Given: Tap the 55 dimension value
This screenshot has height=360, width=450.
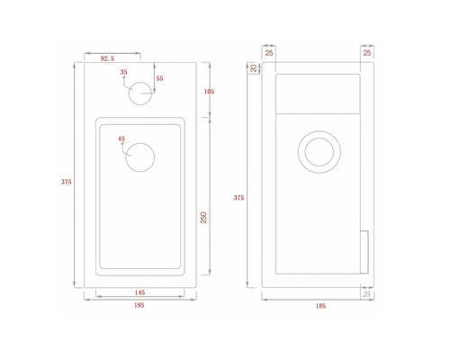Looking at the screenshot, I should (x=159, y=79).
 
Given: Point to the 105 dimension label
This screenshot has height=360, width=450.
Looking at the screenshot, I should (x=209, y=90).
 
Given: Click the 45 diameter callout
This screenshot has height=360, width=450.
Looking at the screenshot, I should (x=121, y=139).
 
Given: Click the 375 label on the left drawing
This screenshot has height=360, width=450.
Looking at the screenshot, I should (x=66, y=181).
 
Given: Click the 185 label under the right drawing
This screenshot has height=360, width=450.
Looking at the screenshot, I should (x=321, y=306).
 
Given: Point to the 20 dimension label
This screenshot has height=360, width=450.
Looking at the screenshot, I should (x=254, y=69).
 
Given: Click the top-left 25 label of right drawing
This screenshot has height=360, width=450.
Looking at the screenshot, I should (x=270, y=53).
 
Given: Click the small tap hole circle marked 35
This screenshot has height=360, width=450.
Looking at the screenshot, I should (x=141, y=93).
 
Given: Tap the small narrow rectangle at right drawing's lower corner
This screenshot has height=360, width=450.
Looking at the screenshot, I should (x=364, y=252).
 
